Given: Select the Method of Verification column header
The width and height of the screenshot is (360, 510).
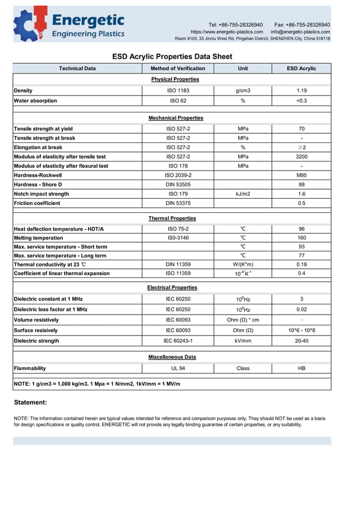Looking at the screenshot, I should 178,68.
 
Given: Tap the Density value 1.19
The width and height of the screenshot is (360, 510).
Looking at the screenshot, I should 301,90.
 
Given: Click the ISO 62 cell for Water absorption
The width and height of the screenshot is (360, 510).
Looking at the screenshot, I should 178,101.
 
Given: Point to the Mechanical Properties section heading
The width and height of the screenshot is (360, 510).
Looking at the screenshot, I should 175,118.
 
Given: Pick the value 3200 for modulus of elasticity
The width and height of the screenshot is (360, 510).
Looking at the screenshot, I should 301,156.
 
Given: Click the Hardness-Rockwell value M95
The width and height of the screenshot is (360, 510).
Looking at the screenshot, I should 301,175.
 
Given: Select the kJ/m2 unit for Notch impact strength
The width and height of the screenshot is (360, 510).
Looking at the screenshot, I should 243,194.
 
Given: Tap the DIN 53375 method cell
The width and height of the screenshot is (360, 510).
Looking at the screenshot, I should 178,203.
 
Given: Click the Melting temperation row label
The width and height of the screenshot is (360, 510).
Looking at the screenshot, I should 38,238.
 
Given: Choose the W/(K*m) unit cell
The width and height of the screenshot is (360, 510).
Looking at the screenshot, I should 243,264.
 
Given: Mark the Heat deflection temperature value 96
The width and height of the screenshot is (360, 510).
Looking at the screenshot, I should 301,229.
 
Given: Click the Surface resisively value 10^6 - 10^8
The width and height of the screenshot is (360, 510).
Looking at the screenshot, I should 301,330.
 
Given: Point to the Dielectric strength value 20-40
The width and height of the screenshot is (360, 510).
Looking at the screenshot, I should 301,341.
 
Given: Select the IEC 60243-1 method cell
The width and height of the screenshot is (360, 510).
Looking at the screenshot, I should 178,341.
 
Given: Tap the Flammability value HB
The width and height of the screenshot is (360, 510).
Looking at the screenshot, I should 301,368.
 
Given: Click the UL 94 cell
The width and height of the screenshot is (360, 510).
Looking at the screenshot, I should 178,368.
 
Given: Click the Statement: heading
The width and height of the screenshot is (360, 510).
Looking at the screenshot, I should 30,403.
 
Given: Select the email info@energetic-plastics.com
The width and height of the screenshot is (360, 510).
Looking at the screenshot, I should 300,32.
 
